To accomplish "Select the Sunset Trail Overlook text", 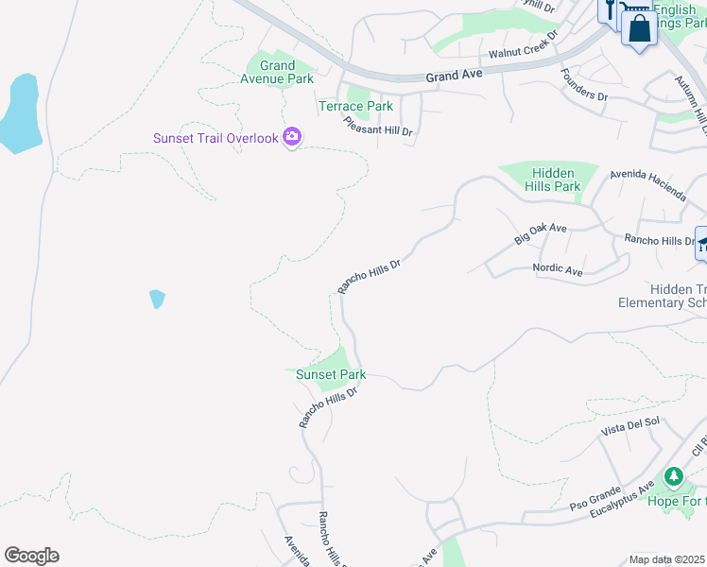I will (x=216, y=138).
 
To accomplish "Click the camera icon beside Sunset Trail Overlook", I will (x=292, y=138).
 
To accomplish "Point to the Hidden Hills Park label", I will (x=556, y=180).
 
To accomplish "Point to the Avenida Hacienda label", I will (x=648, y=182).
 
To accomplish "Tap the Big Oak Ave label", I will (x=541, y=234).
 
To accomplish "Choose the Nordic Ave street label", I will (x=558, y=268).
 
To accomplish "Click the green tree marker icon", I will (x=673, y=476).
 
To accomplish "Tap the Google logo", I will (x=31, y=556).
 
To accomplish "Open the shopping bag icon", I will (x=639, y=27).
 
